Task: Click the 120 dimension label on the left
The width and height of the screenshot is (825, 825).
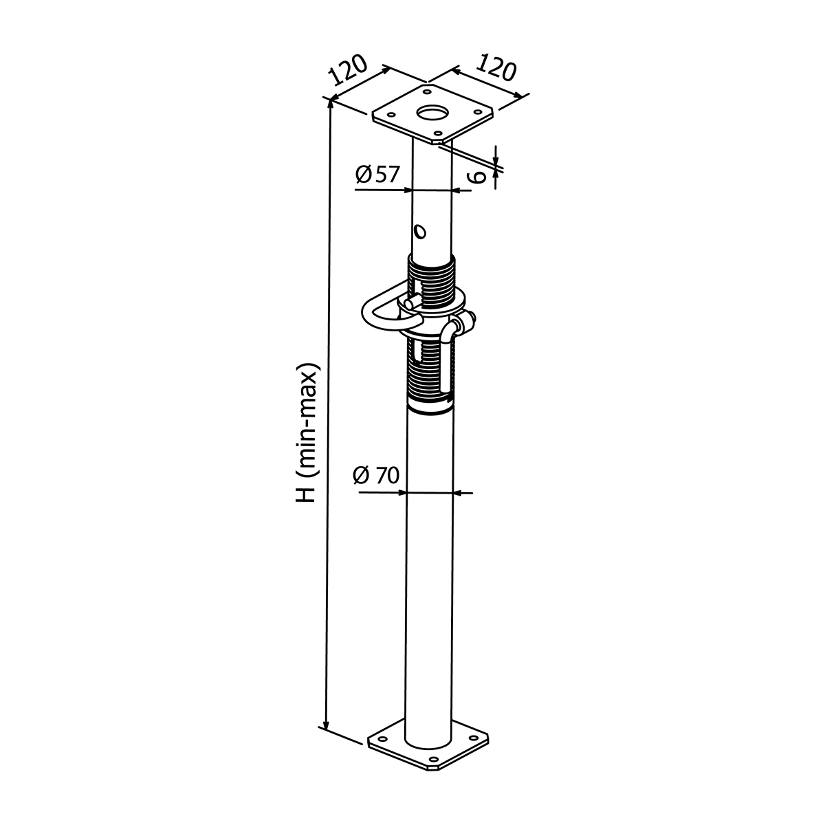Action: coord(348,70)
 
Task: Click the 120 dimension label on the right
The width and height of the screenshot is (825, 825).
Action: coord(496,67)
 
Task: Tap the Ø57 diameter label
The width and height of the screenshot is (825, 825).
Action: coord(377,175)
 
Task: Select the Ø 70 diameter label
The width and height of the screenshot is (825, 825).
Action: coord(376,476)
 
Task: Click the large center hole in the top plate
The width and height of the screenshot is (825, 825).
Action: coord(432,113)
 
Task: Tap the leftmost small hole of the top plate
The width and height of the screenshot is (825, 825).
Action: coord(391,114)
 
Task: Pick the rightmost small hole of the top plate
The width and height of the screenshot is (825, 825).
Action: coord(477,111)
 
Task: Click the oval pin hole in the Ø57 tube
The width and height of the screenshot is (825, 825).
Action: coord(421,232)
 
